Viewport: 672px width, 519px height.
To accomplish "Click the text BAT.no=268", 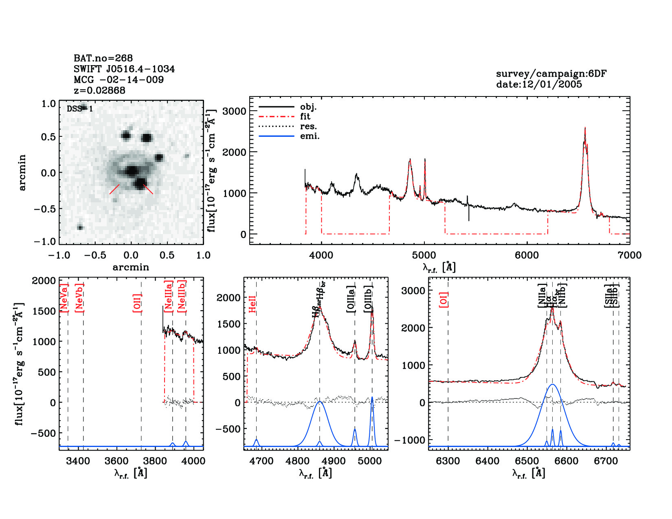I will click(103, 58).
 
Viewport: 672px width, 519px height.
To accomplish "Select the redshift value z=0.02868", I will click(99, 90).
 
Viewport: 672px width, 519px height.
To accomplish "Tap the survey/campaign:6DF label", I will click(551, 74).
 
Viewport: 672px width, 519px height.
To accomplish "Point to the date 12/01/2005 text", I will click(539, 84).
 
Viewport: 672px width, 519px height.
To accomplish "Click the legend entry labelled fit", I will click(305, 117).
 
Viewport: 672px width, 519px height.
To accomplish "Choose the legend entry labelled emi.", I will click(310, 136).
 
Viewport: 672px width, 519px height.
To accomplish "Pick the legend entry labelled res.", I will click(308, 127).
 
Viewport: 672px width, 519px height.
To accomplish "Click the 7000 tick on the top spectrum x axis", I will click(630, 256).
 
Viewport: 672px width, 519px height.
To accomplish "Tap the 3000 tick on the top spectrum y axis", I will click(234, 112).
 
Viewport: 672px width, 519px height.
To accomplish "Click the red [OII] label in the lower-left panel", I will click(137, 303).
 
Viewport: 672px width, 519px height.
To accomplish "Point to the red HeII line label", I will click(253, 304).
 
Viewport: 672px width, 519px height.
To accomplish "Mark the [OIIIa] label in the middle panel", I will click(351, 299).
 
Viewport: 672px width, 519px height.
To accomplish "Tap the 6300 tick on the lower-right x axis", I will click(448, 461).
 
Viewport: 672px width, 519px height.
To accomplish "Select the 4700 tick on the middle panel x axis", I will click(261, 461).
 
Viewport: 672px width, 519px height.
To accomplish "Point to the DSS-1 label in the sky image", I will click(79, 109).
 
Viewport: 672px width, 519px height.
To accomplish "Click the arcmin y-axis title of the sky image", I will click(22, 173).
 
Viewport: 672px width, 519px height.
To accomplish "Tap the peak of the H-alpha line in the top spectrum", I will click(585, 127).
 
